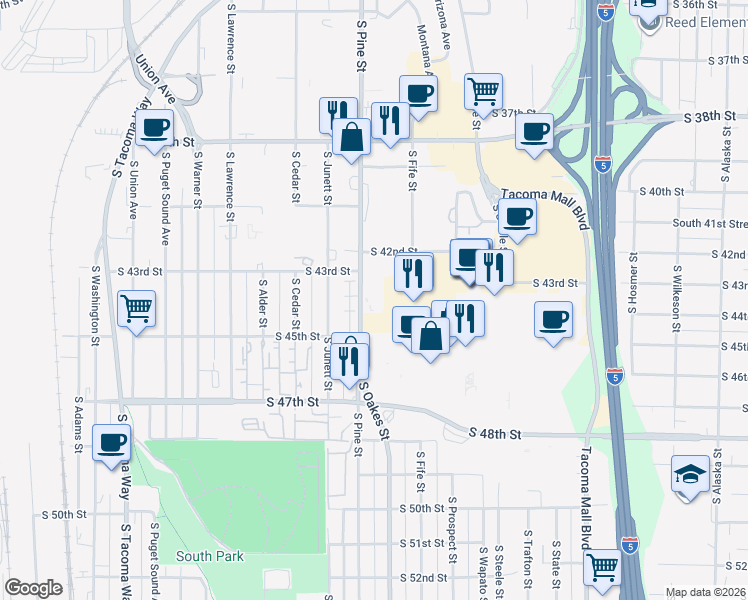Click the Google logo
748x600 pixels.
pos(33,588)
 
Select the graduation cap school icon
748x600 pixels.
pos(690,474)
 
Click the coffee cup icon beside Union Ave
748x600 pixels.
pos(155,129)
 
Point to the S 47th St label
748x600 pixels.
pos(292,401)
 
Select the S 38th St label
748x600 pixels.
pos(711,117)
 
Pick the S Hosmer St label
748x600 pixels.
pos(633,291)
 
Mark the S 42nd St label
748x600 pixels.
pos(393,252)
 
